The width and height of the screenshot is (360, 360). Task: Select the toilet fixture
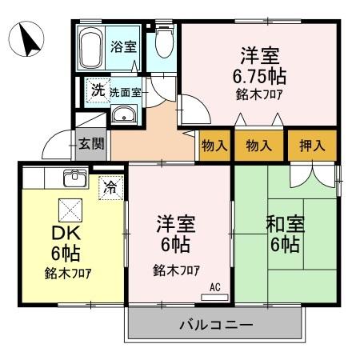pyautogui.click(x=163, y=45)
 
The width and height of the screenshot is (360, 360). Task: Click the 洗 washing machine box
pyautogui.click(x=97, y=90)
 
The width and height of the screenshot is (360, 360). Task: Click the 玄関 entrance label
pyautogui.click(x=90, y=144)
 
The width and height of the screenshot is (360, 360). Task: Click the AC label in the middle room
pyautogui.click(x=214, y=287)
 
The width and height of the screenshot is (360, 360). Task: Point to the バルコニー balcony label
pyautogui.click(x=214, y=326)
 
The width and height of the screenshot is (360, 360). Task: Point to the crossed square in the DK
pyautogui.click(x=69, y=210)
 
